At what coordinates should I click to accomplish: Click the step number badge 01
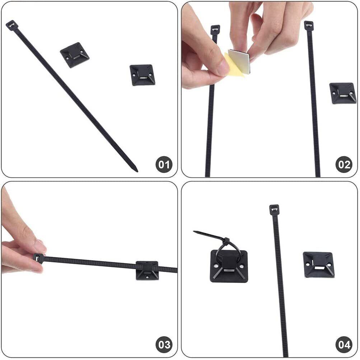(164, 164)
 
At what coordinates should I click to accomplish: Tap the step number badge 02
(344, 164)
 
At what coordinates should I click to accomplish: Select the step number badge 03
(164, 345)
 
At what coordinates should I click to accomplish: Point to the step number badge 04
(344, 345)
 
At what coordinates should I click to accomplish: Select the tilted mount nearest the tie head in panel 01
(75, 55)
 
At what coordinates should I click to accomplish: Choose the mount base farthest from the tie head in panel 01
(142, 75)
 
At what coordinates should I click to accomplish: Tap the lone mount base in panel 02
(343, 93)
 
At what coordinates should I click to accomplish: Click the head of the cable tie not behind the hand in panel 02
(309, 25)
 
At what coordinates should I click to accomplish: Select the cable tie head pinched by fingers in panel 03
(38, 258)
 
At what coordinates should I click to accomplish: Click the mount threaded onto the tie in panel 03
(147, 270)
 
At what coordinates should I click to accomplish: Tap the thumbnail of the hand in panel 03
(40, 247)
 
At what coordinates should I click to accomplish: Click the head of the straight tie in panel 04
(274, 209)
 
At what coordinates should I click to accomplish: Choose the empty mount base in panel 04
(319, 265)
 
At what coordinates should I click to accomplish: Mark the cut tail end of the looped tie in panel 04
(195, 232)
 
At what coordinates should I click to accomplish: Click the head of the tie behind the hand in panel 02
(215, 30)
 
